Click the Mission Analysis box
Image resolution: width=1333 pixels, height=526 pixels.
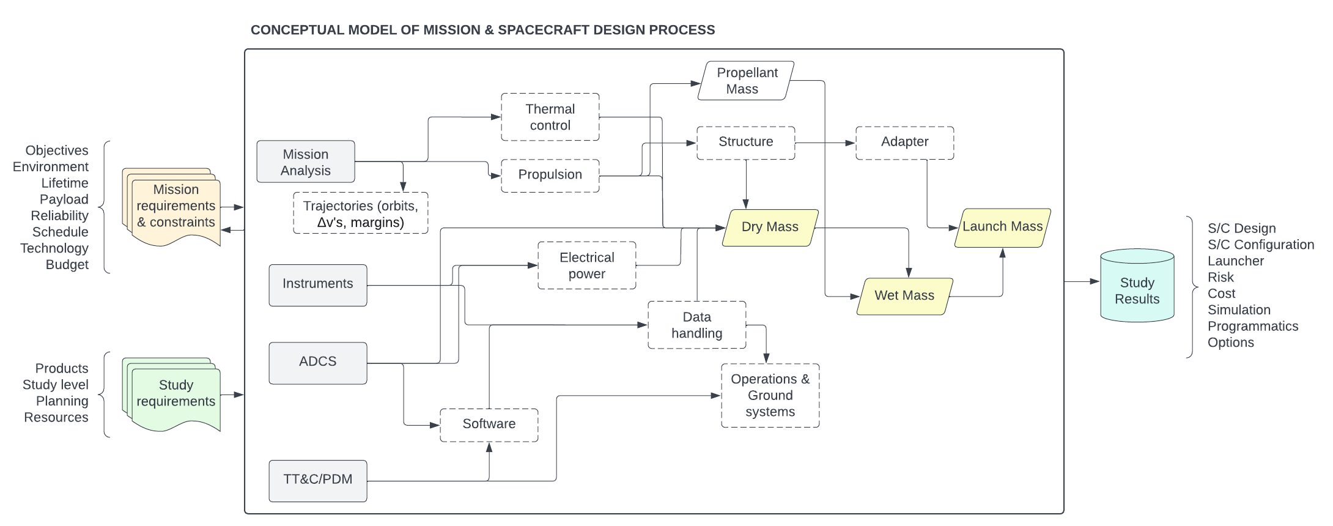(305, 162)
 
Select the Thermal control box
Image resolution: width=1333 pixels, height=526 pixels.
(550, 117)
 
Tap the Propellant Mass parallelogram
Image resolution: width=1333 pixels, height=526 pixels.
(745, 81)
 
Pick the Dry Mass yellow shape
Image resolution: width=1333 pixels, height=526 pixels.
(769, 227)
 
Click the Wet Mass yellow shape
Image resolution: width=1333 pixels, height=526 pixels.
(904, 296)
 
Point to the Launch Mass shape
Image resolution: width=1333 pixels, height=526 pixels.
(1002, 227)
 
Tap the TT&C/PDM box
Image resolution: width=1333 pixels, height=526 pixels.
(317, 480)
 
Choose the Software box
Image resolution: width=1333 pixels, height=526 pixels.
(489, 424)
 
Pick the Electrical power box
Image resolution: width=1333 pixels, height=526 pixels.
(586, 265)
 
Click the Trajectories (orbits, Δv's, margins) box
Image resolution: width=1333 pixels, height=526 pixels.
(360, 213)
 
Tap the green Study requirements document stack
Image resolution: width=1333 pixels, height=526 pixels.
(174, 394)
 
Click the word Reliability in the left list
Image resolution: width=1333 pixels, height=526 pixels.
(59, 216)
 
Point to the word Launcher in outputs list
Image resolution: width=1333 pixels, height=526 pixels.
(1235, 261)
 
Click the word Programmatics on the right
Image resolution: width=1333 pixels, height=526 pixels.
(1252, 327)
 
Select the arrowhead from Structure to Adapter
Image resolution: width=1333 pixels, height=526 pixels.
(851, 143)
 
